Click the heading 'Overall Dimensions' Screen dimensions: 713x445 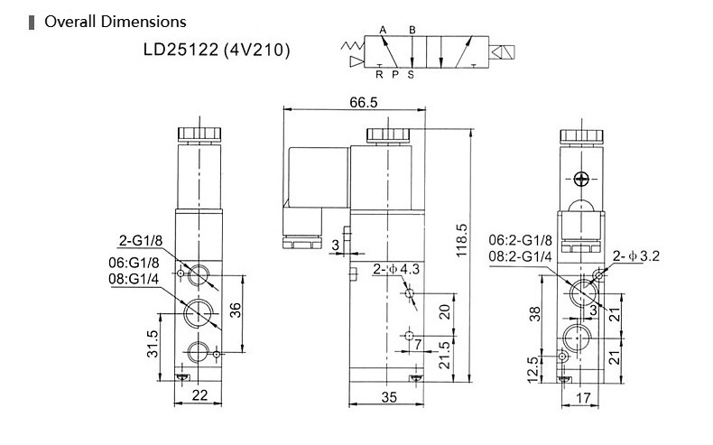pyautogui.click(x=115, y=22)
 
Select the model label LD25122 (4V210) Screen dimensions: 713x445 pyautogui.click(x=217, y=50)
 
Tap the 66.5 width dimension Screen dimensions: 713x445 pyautogui.click(x=364, y=102)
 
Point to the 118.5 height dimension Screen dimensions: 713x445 pyautogui.click(x=461, y=240)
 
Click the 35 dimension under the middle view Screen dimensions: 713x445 pyautogui.click(x=389, y=397)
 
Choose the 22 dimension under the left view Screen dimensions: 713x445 pyautogui.click(x=199, y=395)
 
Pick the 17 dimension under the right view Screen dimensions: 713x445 pyautogui.click(x=583, y=398)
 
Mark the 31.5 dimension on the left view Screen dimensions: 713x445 pyautogui.click(x=153, y=343)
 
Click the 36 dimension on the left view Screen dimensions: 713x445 pyautogui.click(x=235, y=311)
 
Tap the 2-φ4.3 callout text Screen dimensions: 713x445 pyautogui.click(x=396, y=269)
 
